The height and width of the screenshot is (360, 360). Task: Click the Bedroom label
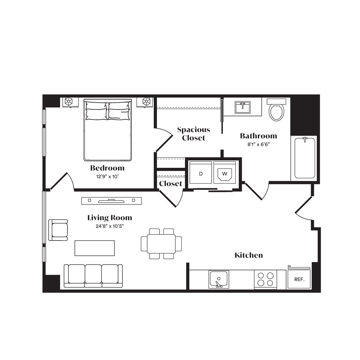[x=107, y=168]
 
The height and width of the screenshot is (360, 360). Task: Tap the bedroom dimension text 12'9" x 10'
[x=107, y=176]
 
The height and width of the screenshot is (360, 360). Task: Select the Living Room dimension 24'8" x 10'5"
[x=110, y=226]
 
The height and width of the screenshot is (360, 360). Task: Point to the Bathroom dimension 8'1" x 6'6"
[x=258, y=144]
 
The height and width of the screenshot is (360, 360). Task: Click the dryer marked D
[x=201, y=172]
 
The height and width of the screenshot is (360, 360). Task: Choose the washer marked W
[x=225, y=172]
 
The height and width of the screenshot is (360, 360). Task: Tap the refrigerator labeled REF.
[x=299, y=279]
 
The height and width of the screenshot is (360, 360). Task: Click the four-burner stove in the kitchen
[x=265, y=279]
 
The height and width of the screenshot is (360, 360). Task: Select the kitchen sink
[x=219, y=279]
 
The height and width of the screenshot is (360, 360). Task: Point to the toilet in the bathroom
[x=276, y=110]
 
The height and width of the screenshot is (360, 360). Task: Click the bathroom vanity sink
[x=243, y=107]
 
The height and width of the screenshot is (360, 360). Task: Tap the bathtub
[x=305, y=158]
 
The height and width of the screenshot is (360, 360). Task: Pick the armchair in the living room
[x=58, y=230]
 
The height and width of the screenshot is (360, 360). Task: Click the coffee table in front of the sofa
[x=95, y=248]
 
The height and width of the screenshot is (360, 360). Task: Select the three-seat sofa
[x=93, y=276]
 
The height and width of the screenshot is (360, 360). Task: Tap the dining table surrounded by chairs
[x=161, y=244]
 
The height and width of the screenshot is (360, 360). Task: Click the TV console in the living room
[x=112, y=201]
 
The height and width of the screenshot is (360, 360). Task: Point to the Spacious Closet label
[x=194, y=134]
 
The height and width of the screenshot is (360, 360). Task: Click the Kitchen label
[x=249, y=255]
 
